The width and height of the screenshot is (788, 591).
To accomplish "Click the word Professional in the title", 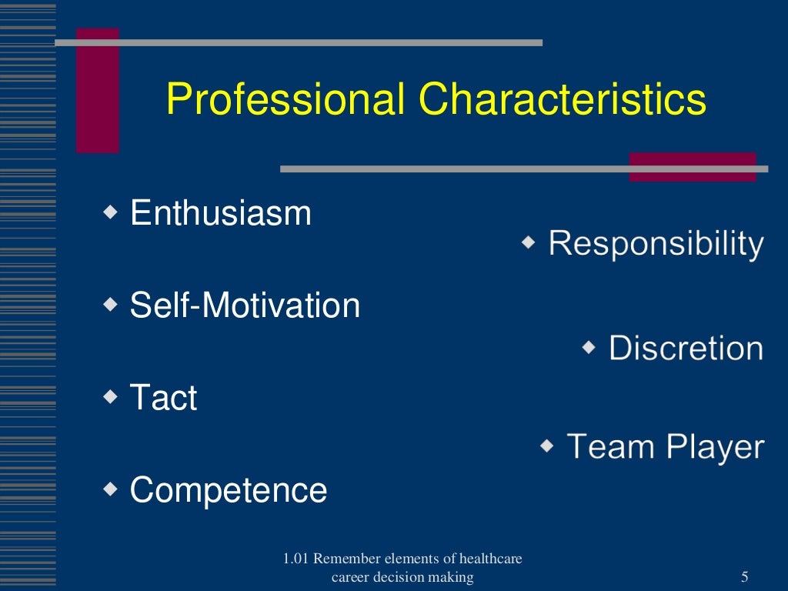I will (x=285, y=100).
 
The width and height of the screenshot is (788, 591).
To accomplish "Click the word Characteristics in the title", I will (x=563, y=100).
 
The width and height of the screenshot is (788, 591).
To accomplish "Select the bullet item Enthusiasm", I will (x=221, y=213).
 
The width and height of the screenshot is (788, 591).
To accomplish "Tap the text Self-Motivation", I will (x=245, y=306).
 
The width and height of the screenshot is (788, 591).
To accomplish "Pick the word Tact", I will (x=163, y=398).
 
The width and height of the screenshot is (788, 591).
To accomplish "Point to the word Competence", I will (x=229, y=490).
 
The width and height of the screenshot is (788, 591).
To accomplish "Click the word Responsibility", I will (x=656, y=244).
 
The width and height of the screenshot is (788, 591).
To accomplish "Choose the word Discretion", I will (x=686, y=349).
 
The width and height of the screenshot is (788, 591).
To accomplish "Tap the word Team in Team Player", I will (x=611, y=446).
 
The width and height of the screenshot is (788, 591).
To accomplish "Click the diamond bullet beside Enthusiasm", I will (x=112, y=211).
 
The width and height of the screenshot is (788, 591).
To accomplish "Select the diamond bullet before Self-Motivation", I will (x=112, y=304).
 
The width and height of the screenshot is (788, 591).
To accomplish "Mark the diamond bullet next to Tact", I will (x=112, y=396).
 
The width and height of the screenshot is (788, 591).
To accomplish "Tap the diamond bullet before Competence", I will (x=112, y=489).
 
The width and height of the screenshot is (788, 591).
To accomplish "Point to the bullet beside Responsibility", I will (x=529, y=242).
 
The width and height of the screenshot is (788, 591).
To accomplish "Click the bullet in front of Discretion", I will (x=589, y=347).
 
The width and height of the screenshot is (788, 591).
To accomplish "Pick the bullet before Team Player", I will (x=547, y=445).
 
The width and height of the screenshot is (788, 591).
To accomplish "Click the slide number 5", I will (x=744, y=577).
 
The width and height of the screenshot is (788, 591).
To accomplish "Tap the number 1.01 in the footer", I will (x=296, y=559).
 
